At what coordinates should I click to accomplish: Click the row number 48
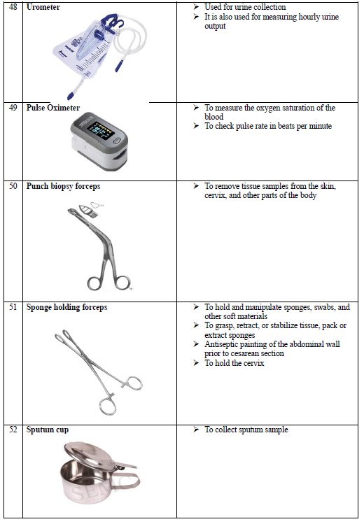(x=13, y=7)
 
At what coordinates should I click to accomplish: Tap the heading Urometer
(x=43, y=7)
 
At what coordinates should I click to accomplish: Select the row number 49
(x=13, y=108)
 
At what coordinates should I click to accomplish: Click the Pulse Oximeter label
(x=53, y=108)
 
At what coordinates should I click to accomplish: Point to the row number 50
(x=13, y=186)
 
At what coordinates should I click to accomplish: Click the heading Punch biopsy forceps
(x=63, y=187)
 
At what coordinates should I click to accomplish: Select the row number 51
(x=13, y=307)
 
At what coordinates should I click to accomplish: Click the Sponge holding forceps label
(x=67, y=307)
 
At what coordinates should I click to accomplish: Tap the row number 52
(x=13, y=430)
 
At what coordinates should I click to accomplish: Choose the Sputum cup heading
(x=48, y=430)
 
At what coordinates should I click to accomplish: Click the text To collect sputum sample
(x=246, y=430)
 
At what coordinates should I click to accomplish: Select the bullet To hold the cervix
(x=234, y=363)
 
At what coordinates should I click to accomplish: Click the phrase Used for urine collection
(x=245, y=7)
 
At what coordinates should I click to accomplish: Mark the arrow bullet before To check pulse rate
(x=196, y=126)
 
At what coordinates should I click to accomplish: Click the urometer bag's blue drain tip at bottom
(x=70, y=97)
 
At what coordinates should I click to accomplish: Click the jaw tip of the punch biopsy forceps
(x=71, y=211)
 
